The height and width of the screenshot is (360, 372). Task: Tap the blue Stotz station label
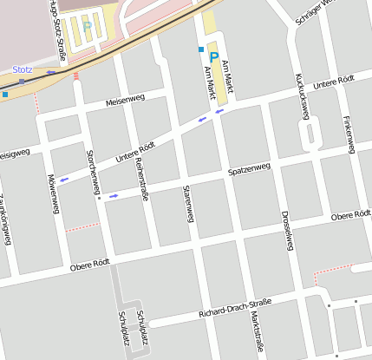[22, 69]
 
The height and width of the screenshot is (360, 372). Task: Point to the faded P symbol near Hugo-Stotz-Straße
[86, 27]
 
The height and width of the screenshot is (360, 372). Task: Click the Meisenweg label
[125, 101]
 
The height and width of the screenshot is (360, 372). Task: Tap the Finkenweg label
[349, 134]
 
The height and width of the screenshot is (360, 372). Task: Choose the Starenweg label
[186, 203]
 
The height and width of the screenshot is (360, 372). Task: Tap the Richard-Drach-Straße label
[234, 308]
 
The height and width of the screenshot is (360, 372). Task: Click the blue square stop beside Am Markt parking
[201, 49]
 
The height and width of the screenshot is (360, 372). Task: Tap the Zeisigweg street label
[15, 152]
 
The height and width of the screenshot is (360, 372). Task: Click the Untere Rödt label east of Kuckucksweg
[335, 84]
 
